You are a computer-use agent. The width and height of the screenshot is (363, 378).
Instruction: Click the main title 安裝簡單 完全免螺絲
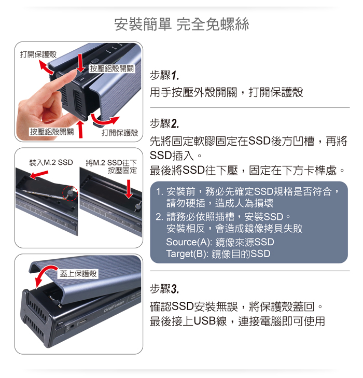pyautogui.click(x=181, y=24)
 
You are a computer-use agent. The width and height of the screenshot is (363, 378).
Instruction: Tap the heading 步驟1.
pyautogui.click(x=164, y=75)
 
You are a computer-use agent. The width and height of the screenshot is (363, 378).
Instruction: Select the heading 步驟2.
pyautogui.click(x=164, y=123)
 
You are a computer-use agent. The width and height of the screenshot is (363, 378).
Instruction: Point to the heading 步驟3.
pyautogui.click(x=164, y=289)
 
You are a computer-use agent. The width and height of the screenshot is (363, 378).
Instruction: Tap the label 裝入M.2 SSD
pyautogui.click(x=51, y=162)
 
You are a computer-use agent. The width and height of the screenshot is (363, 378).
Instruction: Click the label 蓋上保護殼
pyautogui.click(x=78, y=274)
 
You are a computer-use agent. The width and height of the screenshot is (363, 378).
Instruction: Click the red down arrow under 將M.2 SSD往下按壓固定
pyautogui.click(x=129, y=189)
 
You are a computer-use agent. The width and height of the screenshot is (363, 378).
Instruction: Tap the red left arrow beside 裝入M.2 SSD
pyautogui.click(x=39, y=175)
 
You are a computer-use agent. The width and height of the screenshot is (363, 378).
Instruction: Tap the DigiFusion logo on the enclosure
pyautogui.click(x=114, y=306)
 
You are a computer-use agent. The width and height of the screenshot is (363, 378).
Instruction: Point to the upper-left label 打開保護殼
pyautogui.click(x=38, y=54)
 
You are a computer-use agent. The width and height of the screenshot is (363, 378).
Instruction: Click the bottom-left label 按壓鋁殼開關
pyautogui.click(x=51, y=132)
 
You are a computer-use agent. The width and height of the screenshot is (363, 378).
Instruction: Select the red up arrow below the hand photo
pyautogui.click(x=80, y=129)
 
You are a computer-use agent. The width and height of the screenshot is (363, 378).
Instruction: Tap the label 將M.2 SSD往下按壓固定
pyautogui.click(x=111, y=166)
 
